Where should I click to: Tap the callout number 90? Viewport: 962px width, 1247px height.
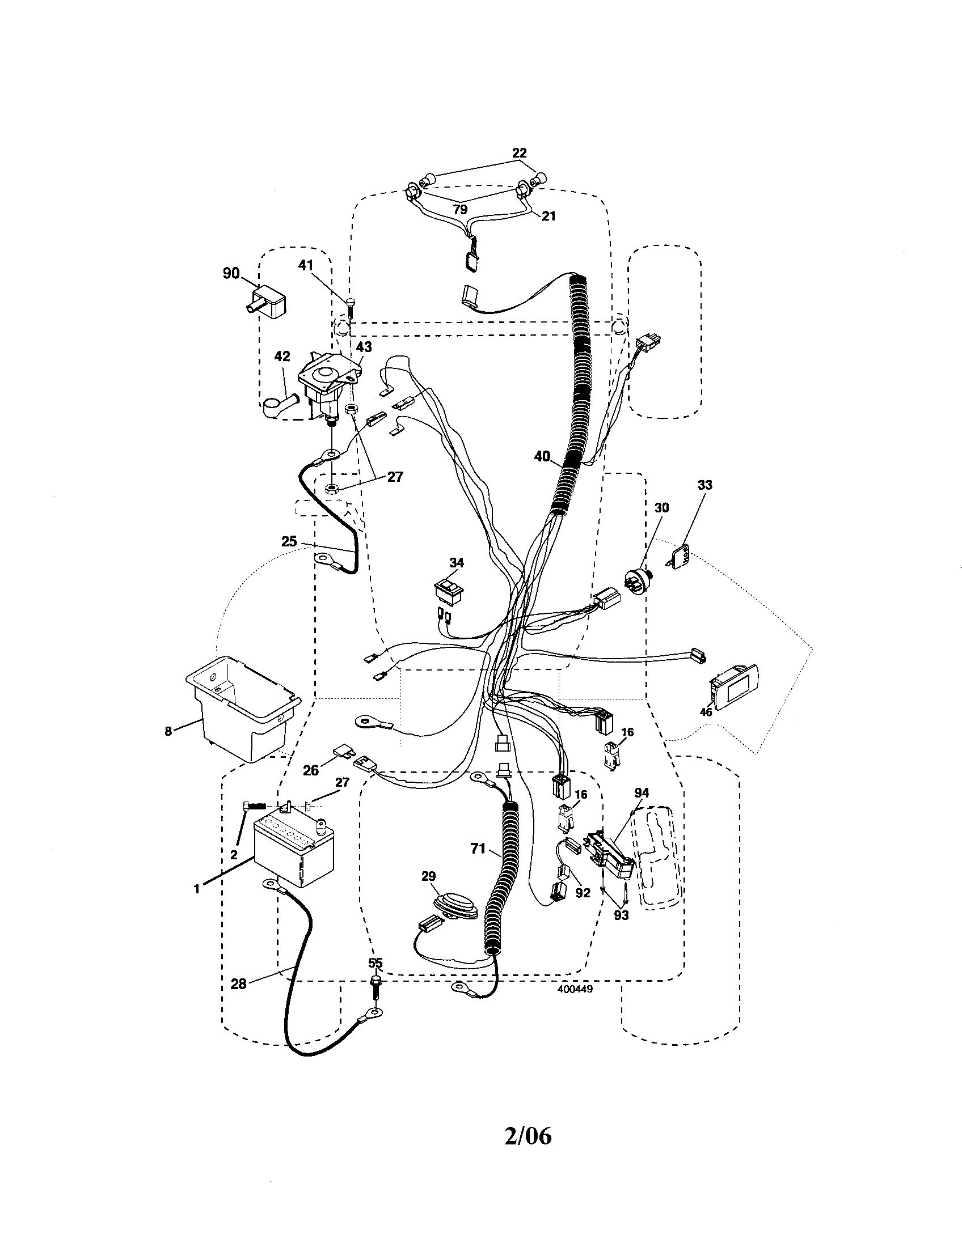click(x=231, y=274)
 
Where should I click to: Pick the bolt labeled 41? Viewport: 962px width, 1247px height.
click(x=350, y=308)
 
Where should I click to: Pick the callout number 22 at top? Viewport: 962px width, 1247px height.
click(x=518, y=153)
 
